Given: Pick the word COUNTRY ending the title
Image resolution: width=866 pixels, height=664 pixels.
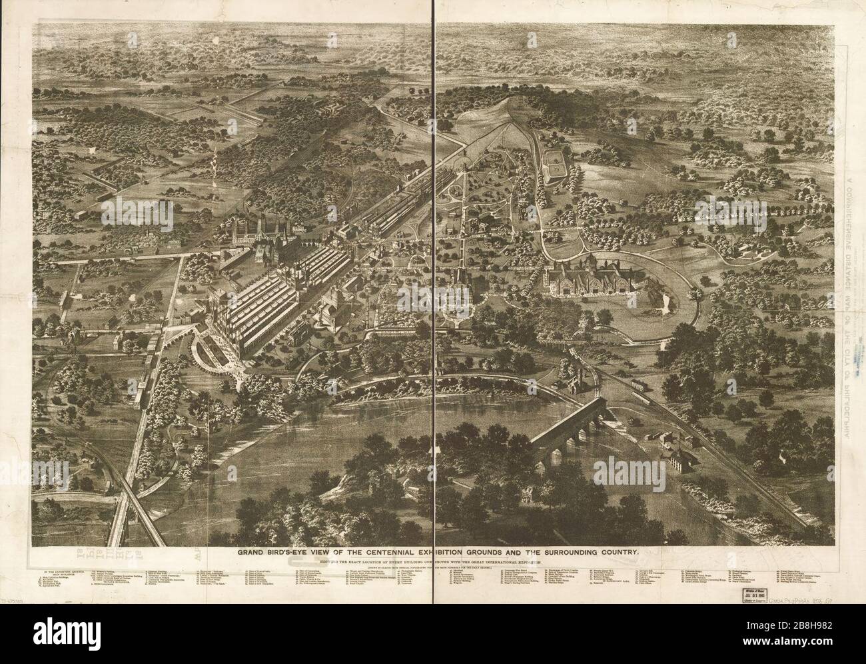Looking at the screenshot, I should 636,552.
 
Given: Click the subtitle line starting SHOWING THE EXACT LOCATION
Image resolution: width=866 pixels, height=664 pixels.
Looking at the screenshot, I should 434,563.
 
